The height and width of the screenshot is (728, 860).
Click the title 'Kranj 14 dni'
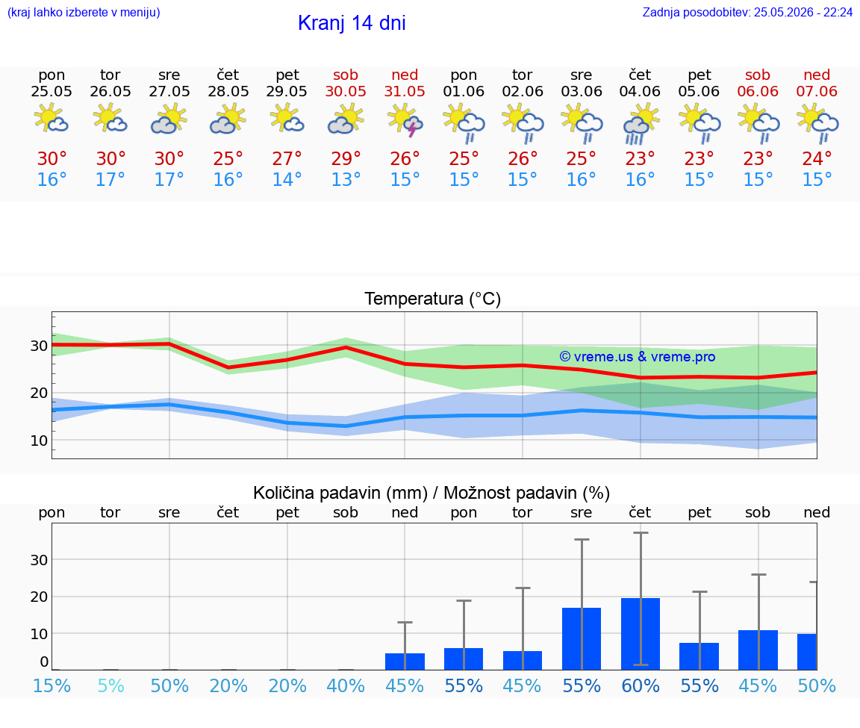point(352,23)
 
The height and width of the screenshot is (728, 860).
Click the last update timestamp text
point(747,12)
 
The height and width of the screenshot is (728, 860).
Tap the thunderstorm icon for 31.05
point(405,120)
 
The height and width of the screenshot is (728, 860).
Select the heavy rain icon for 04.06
point(640,123)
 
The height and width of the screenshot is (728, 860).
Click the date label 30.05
point(346,91)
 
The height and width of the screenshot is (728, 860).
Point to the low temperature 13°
point(346,179)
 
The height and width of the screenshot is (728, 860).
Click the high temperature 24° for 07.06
point(817,158)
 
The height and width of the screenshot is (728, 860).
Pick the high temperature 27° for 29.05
point(287,158)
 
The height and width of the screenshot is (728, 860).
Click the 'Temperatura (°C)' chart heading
point(433,299)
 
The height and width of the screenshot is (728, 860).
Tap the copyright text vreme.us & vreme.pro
point(638,357)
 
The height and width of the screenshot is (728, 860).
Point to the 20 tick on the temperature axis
point(39,393)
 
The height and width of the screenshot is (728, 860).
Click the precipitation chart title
point(431,493)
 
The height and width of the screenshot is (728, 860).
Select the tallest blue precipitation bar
point(641,634)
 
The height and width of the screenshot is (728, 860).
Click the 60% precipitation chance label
point(640,685)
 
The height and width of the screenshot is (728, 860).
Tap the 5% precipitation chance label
point(110,685)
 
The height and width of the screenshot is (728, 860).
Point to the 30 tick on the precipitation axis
point(39,560)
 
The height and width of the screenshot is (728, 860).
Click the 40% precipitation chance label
point(346,685)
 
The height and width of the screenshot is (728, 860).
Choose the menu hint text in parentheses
point(84,12)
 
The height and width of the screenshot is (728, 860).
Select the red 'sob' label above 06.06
point(758,75)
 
